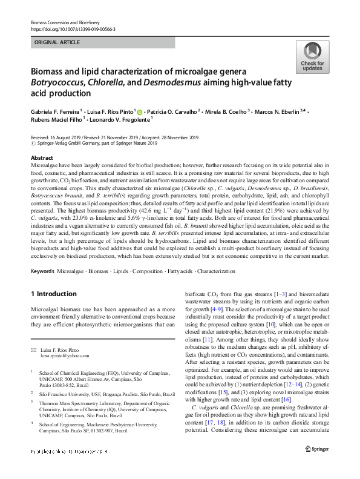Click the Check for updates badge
[x=312, y=58]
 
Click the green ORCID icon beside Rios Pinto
[x=157, y=111]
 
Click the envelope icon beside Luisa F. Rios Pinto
[x=33, y=349]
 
